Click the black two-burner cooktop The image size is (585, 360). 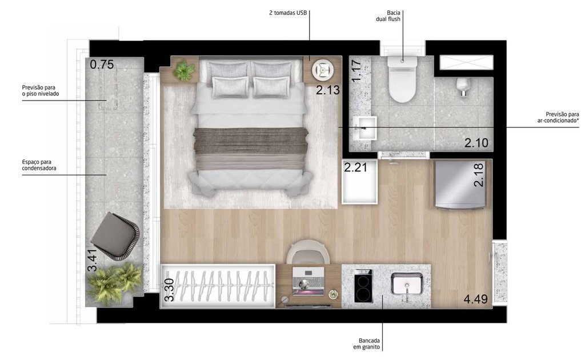tap(362, 286)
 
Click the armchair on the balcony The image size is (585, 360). tap(116, 234)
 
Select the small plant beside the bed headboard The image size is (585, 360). tap(184, 70)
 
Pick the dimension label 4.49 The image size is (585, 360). tap(476, 299)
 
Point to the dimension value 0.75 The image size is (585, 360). tap(102, 65)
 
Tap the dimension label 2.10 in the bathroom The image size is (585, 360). tap(476, 143)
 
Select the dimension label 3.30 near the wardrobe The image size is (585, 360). tap(169, 290)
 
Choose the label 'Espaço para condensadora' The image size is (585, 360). tap(35, 165)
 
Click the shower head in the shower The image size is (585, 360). tap(463, 86)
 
